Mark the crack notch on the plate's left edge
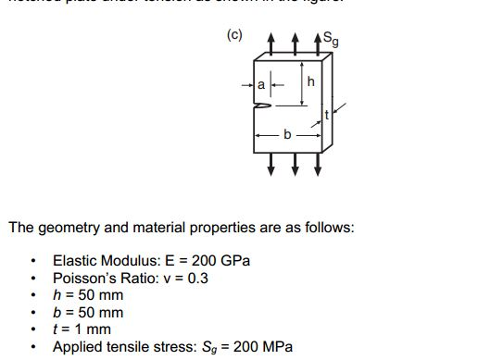point(262,107)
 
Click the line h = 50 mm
point(88,295)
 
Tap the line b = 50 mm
point(88,312)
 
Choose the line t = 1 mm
point(82,329)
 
